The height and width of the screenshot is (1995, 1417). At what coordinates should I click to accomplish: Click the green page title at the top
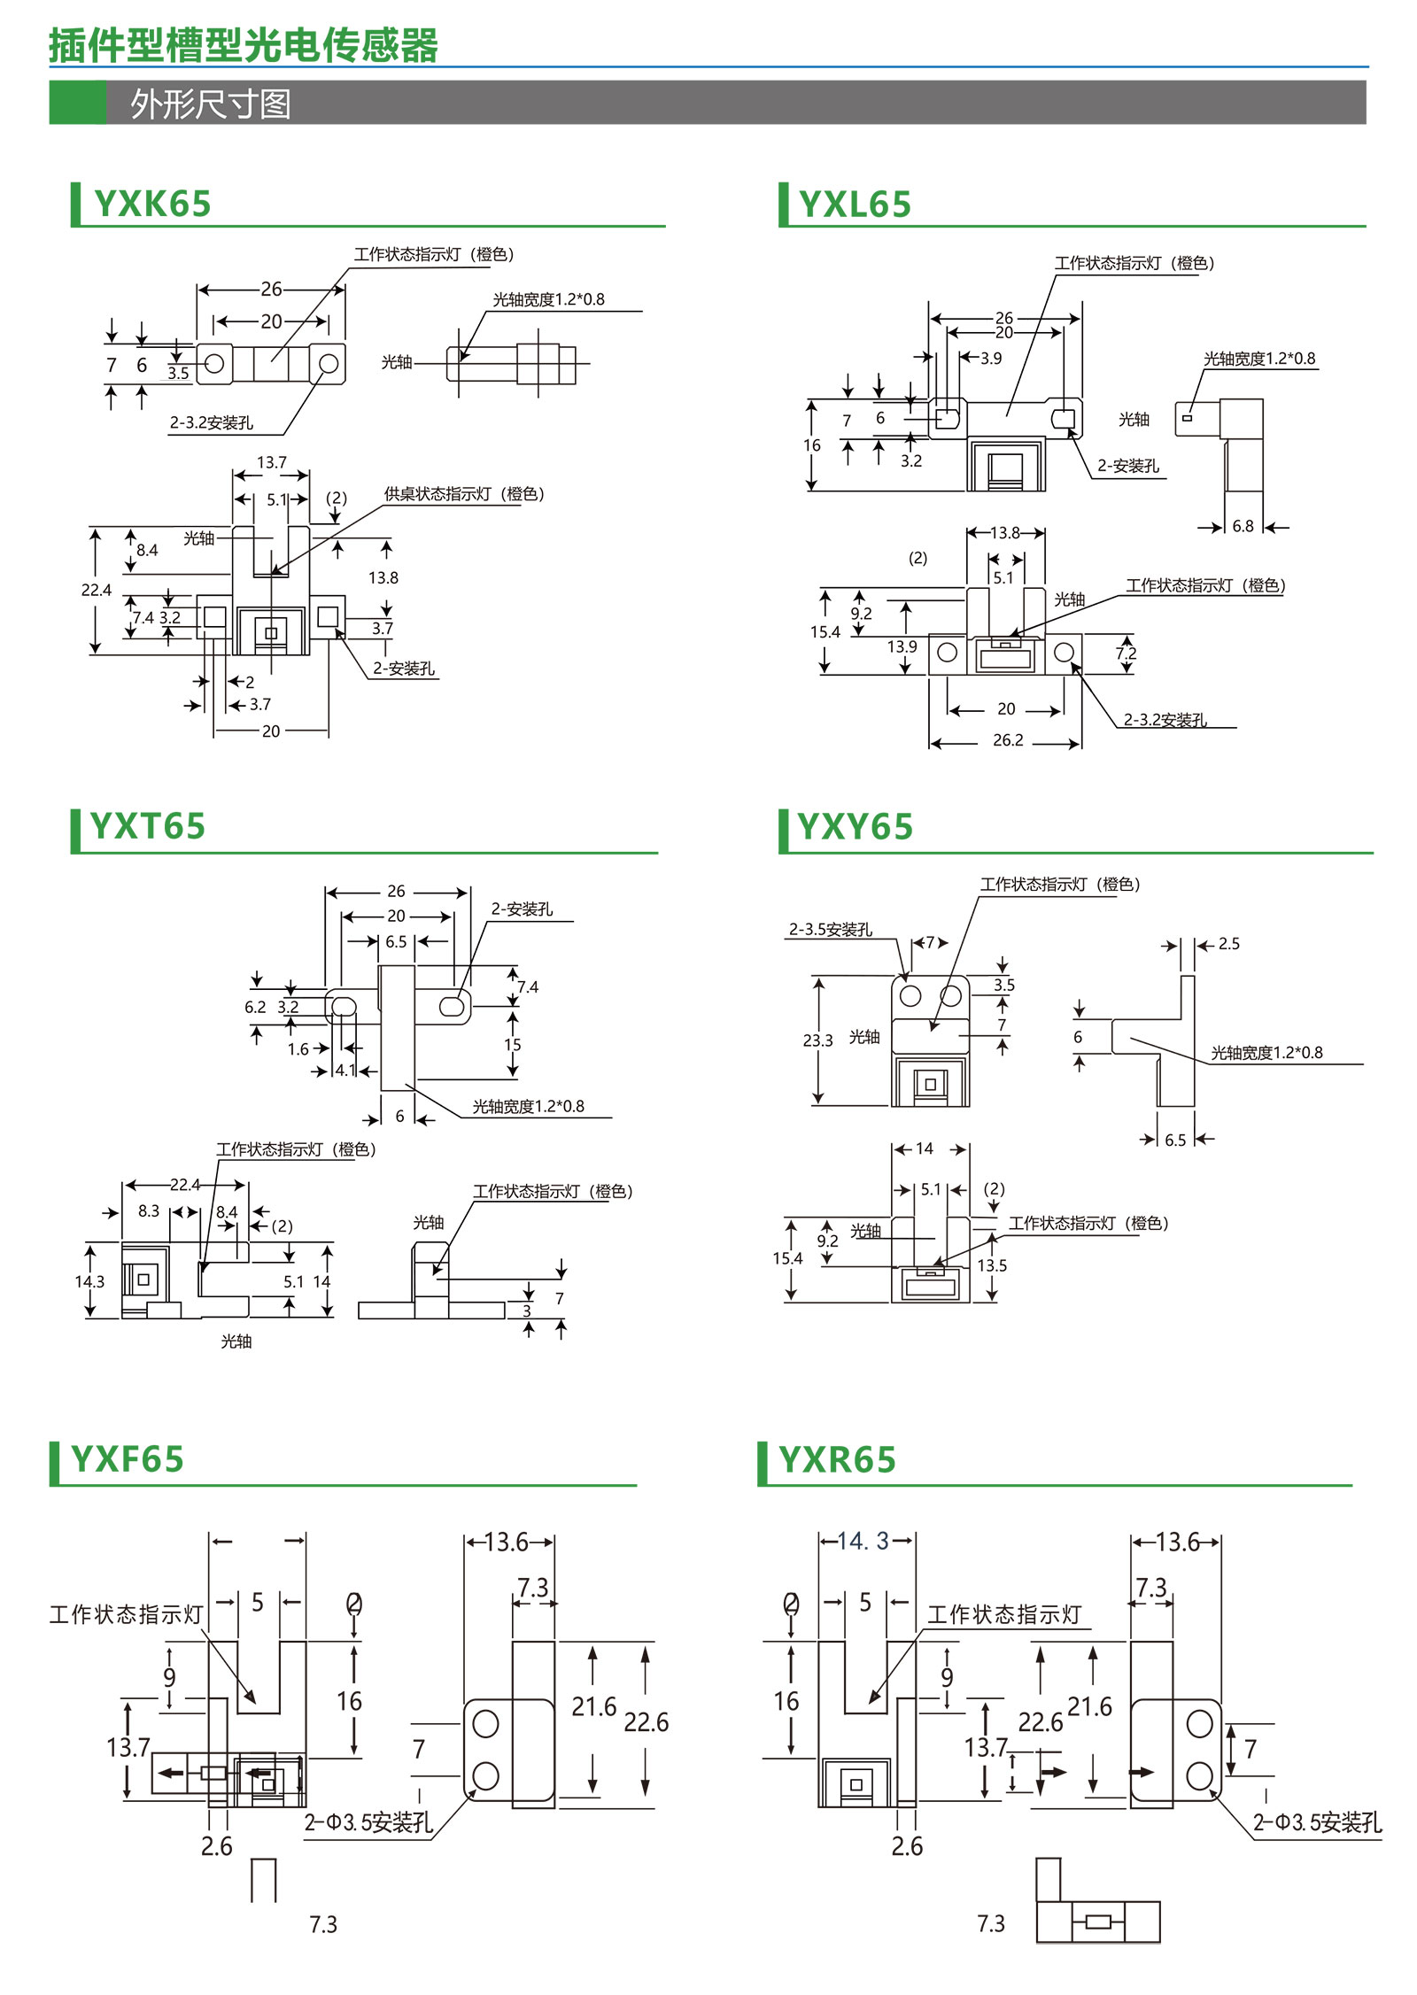(x=244, y=46)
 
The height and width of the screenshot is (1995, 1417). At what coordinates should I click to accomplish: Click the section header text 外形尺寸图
(x=211, y=104)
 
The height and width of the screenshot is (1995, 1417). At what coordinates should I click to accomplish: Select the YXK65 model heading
(x=152, y=205)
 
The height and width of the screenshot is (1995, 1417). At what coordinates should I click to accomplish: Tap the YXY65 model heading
(x=855, y=827)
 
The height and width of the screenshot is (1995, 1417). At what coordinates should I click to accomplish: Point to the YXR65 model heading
(x=837, y=1459)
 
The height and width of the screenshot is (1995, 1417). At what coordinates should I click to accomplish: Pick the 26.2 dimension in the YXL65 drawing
(x=1008, y=740)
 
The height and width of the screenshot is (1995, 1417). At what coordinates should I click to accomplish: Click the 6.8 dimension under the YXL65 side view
(x=1243, y=527)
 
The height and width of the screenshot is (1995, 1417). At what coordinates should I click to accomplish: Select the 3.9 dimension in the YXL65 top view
(x=991, y=359)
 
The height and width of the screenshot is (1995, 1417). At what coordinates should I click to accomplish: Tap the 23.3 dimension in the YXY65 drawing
(x=817, y=1040)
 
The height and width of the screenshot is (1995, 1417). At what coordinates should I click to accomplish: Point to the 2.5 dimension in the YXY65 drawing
(x=1228, y=944)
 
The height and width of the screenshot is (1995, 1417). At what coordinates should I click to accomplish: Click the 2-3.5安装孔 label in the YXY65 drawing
(x=831, y=930)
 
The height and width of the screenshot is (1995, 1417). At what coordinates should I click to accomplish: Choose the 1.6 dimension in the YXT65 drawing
(x=298, y=1049)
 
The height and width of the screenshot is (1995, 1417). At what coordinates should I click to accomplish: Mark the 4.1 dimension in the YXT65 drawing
(x=345, y=1071)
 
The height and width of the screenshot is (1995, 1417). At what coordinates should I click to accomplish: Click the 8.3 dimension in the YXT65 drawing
(x=149, y=1210)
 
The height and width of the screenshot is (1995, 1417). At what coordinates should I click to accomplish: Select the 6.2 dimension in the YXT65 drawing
(x=255, y=1007)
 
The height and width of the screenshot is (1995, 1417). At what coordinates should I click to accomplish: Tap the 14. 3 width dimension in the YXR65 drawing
(x=863, y=1542)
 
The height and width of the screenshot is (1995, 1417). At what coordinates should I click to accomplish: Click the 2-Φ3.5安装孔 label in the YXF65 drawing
(x=368, y=1822)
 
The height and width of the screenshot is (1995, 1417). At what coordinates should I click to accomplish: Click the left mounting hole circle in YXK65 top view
(x=214, y=364)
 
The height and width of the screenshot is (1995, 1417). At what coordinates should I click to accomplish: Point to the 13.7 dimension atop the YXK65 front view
(x=272, y=463)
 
